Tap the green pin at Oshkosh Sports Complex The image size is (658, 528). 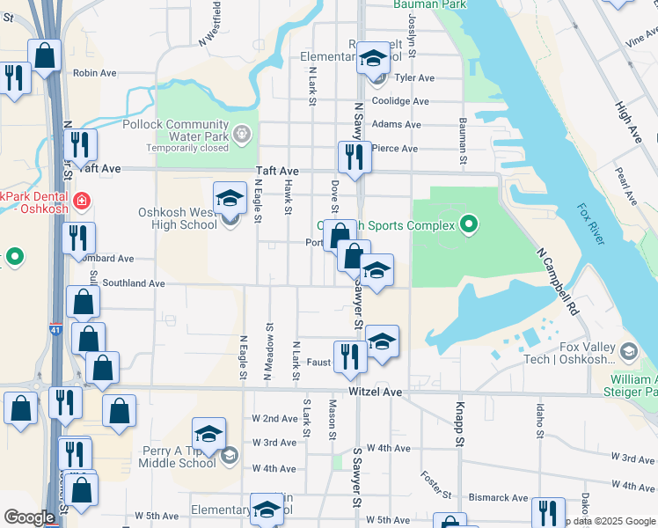tap(469, 225)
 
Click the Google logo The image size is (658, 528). tap(29, 517)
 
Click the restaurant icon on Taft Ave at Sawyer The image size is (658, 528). tap(354, 157)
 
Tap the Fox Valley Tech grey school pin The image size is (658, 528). tap(628, 353)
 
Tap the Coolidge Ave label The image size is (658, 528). tap(400, 101)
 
